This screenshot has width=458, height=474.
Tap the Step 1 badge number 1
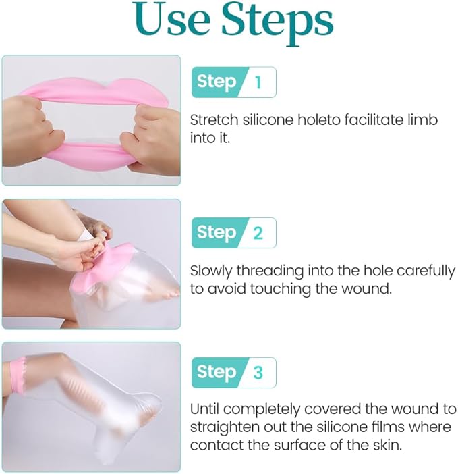(x=258, y=82)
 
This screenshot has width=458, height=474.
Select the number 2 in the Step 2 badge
(x=258, y=233)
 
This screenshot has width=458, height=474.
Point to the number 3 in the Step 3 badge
(x=258, y=373)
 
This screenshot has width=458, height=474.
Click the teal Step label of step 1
(x=216, y=82)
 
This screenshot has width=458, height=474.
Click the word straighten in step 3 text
(x=221, y=427)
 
